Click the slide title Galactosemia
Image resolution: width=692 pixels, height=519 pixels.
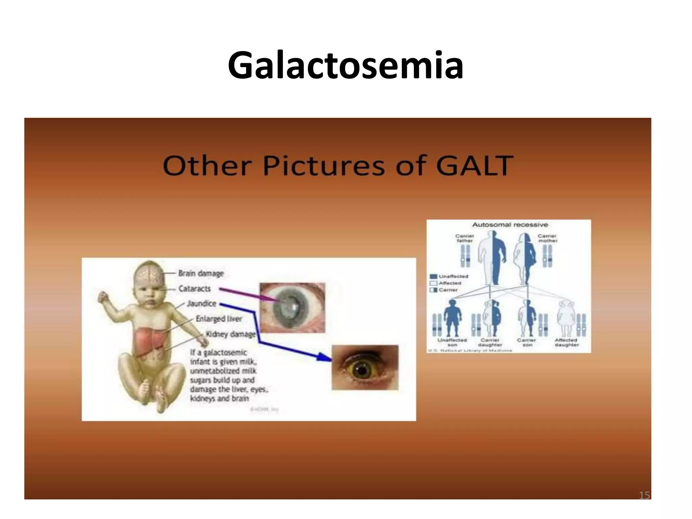coord(345,65)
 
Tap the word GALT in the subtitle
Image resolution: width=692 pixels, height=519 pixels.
coord(474,166)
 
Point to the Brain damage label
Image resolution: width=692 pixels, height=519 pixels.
coord(201,273)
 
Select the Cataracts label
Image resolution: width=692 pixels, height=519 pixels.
coord(195,289)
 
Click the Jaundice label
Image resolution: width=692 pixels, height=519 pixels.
coord(202,303)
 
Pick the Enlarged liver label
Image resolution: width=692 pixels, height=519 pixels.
coord(219,319)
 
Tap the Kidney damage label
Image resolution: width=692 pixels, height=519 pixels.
coord(231,334)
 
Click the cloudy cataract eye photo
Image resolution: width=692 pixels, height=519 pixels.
coord(292,307)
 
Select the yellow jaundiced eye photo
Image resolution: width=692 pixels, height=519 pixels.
coord(365,367)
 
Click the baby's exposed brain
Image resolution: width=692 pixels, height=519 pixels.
coord(150,275)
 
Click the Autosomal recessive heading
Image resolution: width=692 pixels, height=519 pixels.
coord(510,225)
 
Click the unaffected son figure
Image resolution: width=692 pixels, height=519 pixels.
coord(452,318)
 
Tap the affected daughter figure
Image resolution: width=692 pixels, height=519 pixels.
coord(566,318)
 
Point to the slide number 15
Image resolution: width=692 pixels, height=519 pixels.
coord(644,495)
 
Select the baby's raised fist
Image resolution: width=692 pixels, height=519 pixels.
coord(102,297)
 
